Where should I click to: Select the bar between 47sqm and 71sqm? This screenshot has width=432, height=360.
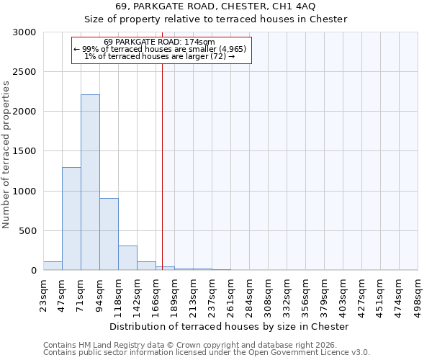71,218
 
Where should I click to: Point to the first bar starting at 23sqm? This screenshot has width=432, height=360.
53,266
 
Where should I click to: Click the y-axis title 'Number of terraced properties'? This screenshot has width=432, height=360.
6,155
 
